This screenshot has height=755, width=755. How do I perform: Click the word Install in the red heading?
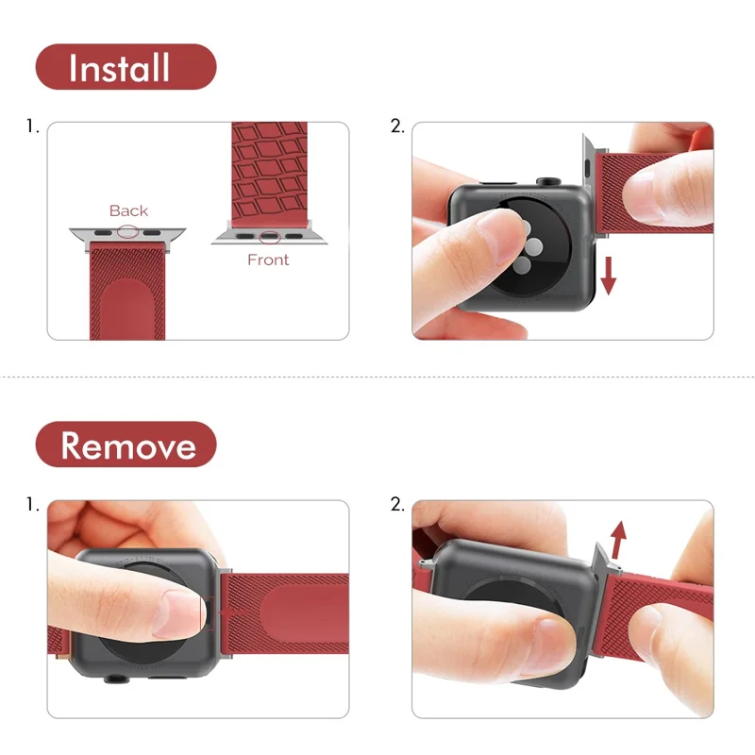point(119,68)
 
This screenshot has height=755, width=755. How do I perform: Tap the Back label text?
point(128,210)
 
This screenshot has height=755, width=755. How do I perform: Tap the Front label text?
point(268,260)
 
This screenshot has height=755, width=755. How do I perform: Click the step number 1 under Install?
point(33,126)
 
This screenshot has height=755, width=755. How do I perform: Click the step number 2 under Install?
point(397,126)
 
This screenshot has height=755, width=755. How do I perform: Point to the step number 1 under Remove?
point(33,504)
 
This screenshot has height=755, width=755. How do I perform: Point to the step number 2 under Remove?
point(397,504)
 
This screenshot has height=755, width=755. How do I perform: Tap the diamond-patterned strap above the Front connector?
point(269,175)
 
